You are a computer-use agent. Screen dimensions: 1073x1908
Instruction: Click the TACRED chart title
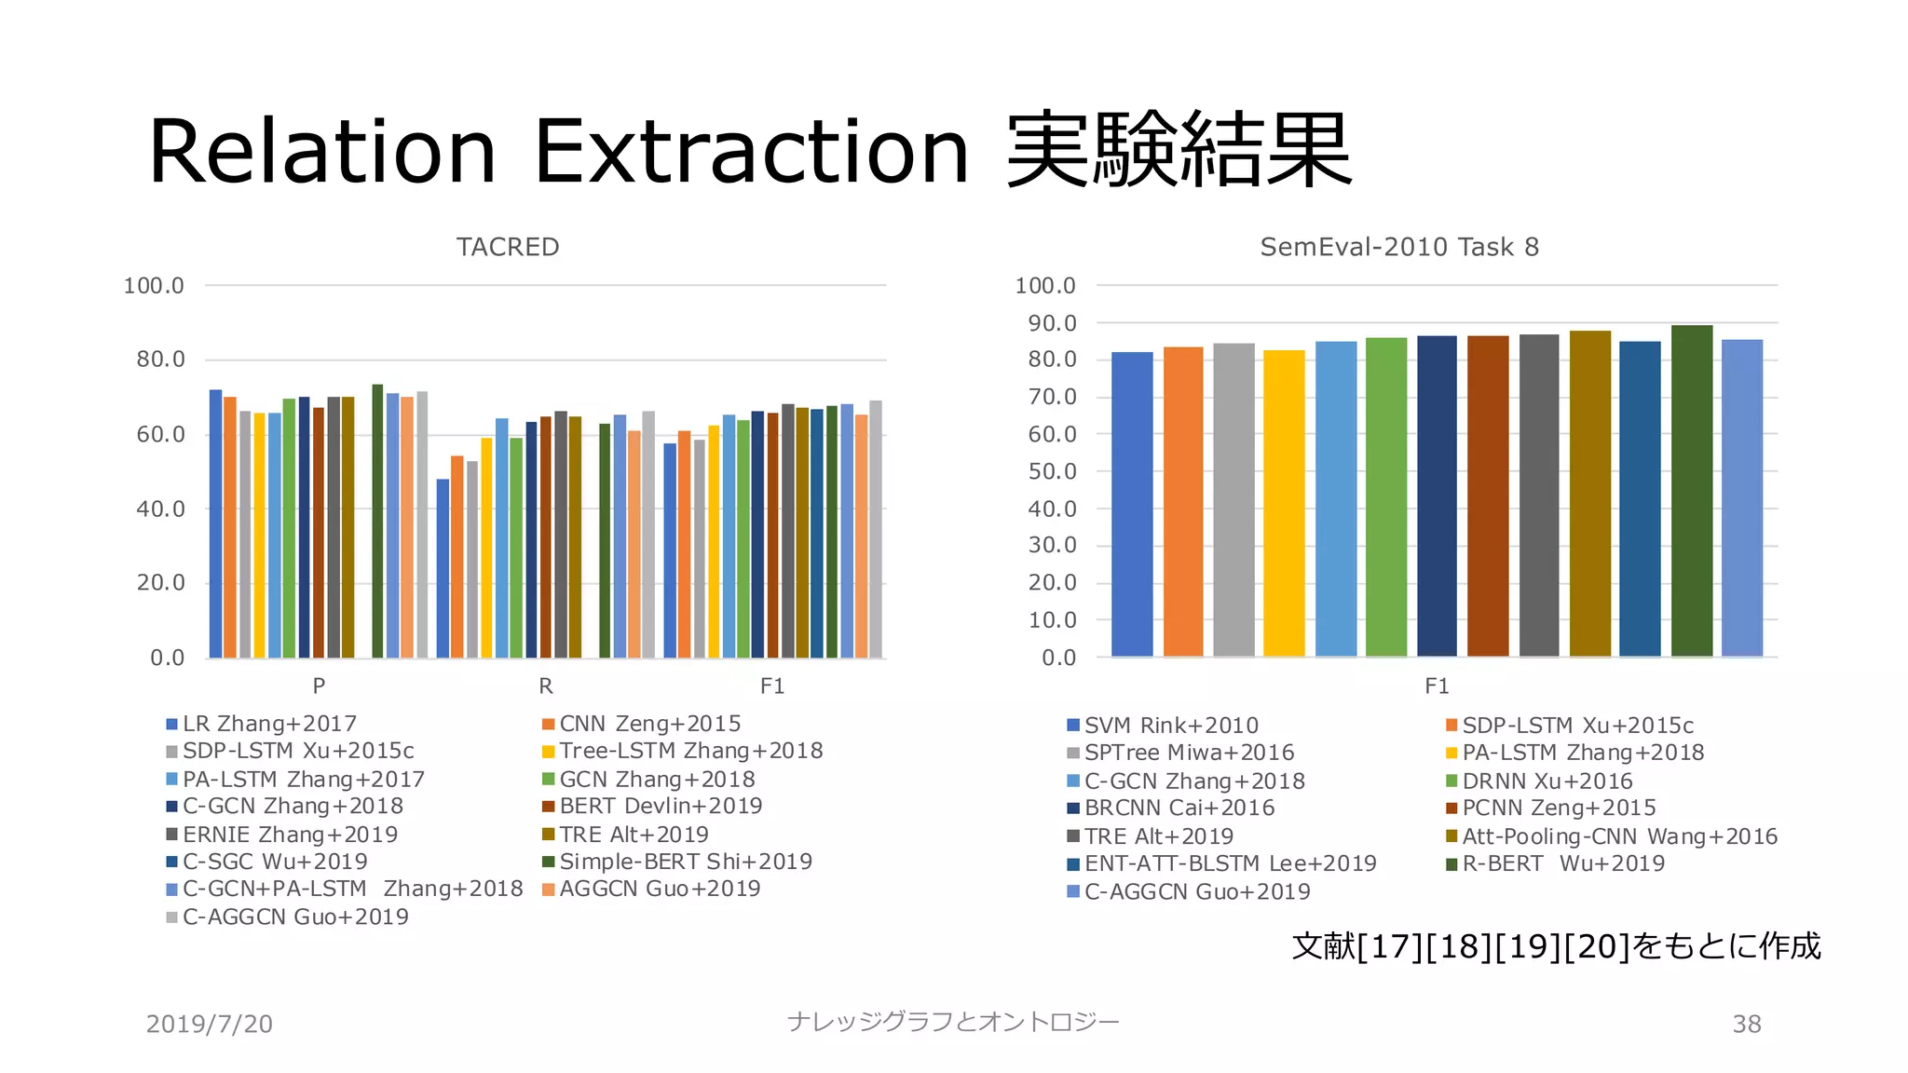click(508, 247)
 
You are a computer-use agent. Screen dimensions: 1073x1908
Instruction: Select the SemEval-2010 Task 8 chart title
click(1399, 247)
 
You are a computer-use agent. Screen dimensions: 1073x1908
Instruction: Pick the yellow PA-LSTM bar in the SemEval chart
click(1284, 503)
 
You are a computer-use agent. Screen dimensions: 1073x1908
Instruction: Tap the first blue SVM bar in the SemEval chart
click(1132, 504)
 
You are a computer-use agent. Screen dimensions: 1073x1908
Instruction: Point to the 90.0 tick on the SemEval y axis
click(1052, 323)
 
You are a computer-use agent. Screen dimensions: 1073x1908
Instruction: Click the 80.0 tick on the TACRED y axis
click(160, 360)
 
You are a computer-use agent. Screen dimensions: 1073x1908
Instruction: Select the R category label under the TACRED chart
click(546, 686)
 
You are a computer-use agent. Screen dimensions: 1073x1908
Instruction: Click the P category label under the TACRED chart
click(319, 686)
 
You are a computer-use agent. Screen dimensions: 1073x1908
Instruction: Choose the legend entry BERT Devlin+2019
click(660, 807)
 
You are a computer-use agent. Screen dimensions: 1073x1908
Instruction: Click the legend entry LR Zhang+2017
click(268, 724)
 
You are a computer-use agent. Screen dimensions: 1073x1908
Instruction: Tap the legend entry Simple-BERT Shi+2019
click(685, 862)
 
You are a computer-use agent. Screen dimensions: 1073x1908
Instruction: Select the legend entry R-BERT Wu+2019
click(1562, 863)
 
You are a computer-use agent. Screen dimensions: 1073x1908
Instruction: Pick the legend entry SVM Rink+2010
click(1170, 726)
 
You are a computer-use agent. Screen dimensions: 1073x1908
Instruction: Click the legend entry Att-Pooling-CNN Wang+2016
click(1618, 836)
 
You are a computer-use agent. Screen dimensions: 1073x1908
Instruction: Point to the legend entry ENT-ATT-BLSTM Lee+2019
click(1229, 863)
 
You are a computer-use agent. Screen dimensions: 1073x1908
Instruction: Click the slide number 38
click(1746, 1024)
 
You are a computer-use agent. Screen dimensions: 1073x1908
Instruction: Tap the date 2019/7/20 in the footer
click(210, 1024)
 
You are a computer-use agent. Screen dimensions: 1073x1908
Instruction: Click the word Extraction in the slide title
click(751, 152)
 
